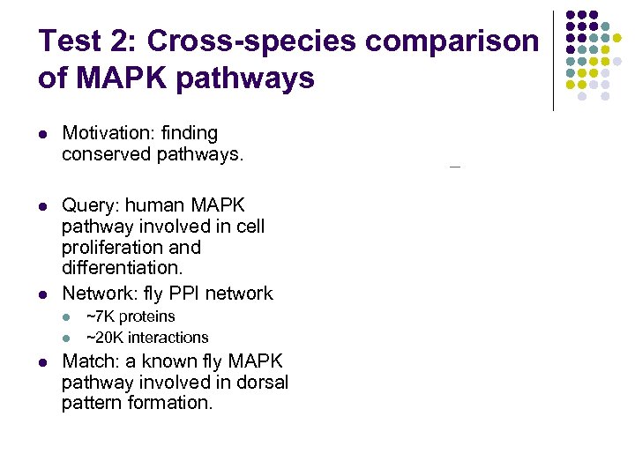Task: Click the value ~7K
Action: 100,316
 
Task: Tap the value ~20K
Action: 104,338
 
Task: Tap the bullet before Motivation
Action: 43,135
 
